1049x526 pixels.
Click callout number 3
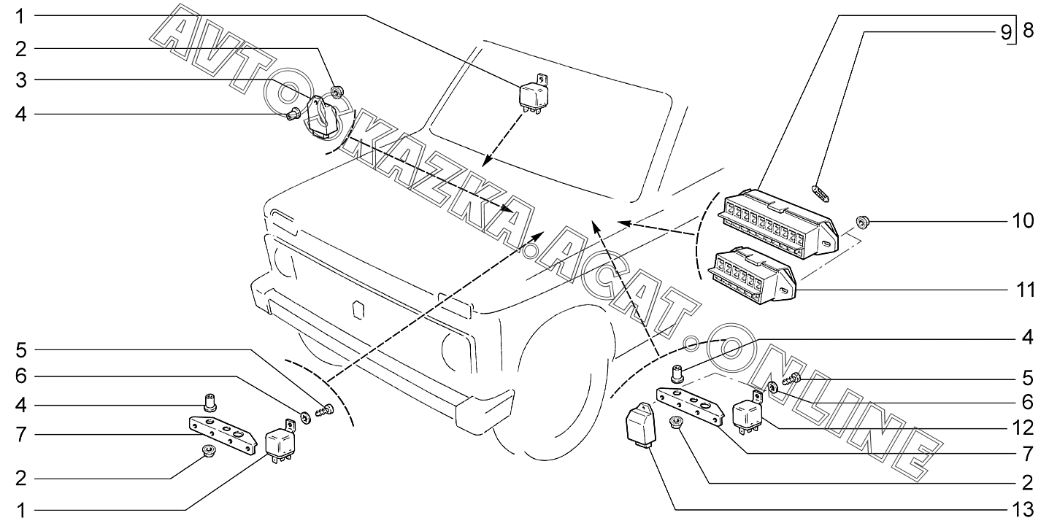21,80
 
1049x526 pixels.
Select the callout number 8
1028,31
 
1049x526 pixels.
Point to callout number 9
1007,31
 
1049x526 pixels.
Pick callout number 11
1026,290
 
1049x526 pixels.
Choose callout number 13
1023,508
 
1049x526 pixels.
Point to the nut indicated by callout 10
862,221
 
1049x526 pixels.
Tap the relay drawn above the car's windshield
535,97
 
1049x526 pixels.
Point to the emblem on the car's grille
358,309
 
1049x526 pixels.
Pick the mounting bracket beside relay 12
690,404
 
